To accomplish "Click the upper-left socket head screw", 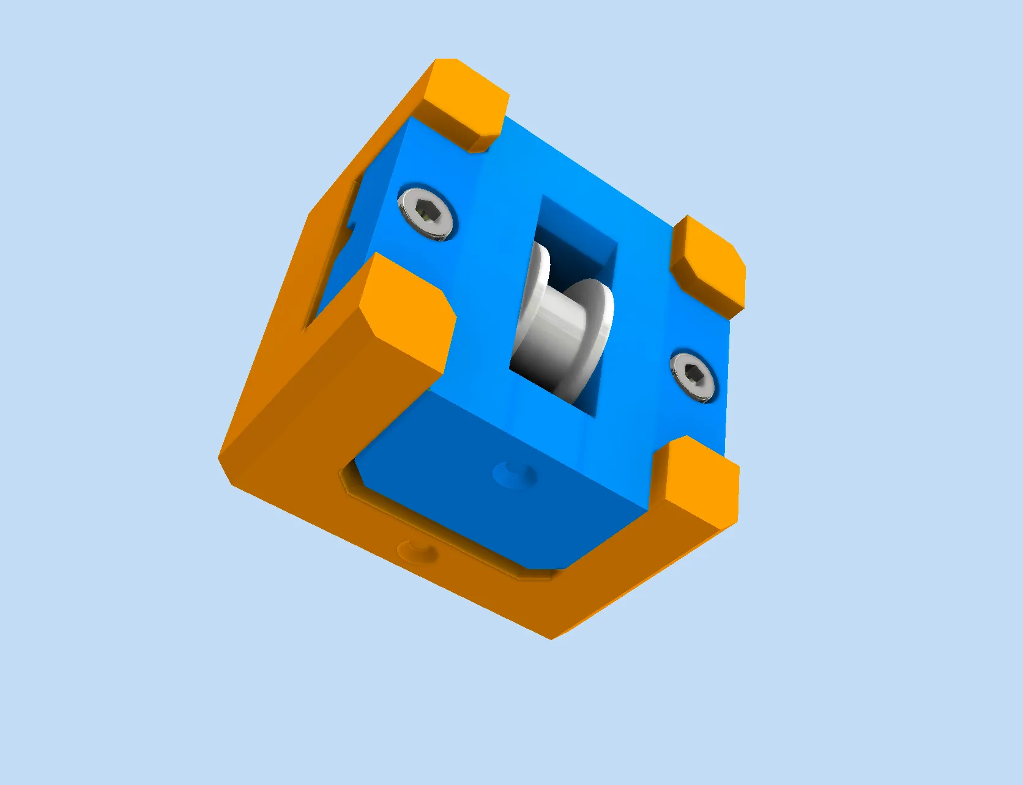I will point(427,213).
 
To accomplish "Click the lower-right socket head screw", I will point(693,376).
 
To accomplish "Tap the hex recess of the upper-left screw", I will point(426,212).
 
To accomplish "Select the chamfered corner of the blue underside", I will point(355,477).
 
